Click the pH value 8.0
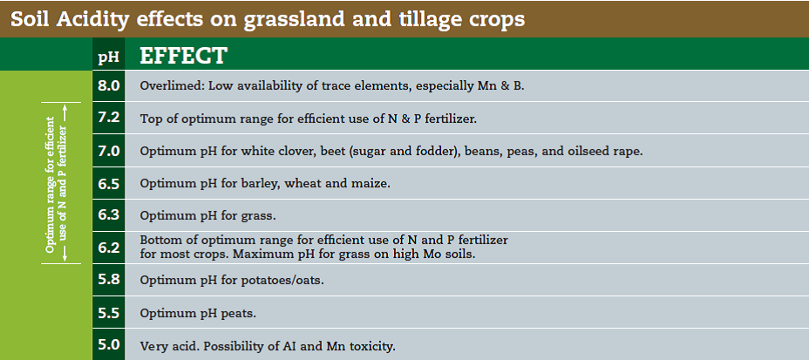[108, 85]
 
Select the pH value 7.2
[108, 118]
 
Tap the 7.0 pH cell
[108, 151]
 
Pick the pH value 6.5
[108, 183]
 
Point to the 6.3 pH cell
[108, 215]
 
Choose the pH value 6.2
[108, 248]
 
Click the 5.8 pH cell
[108, 280]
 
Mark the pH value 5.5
[108, 312]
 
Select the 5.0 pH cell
[108, 344]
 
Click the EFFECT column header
[183, 56]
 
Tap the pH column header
[108, 57]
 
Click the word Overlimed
[173, 85]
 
